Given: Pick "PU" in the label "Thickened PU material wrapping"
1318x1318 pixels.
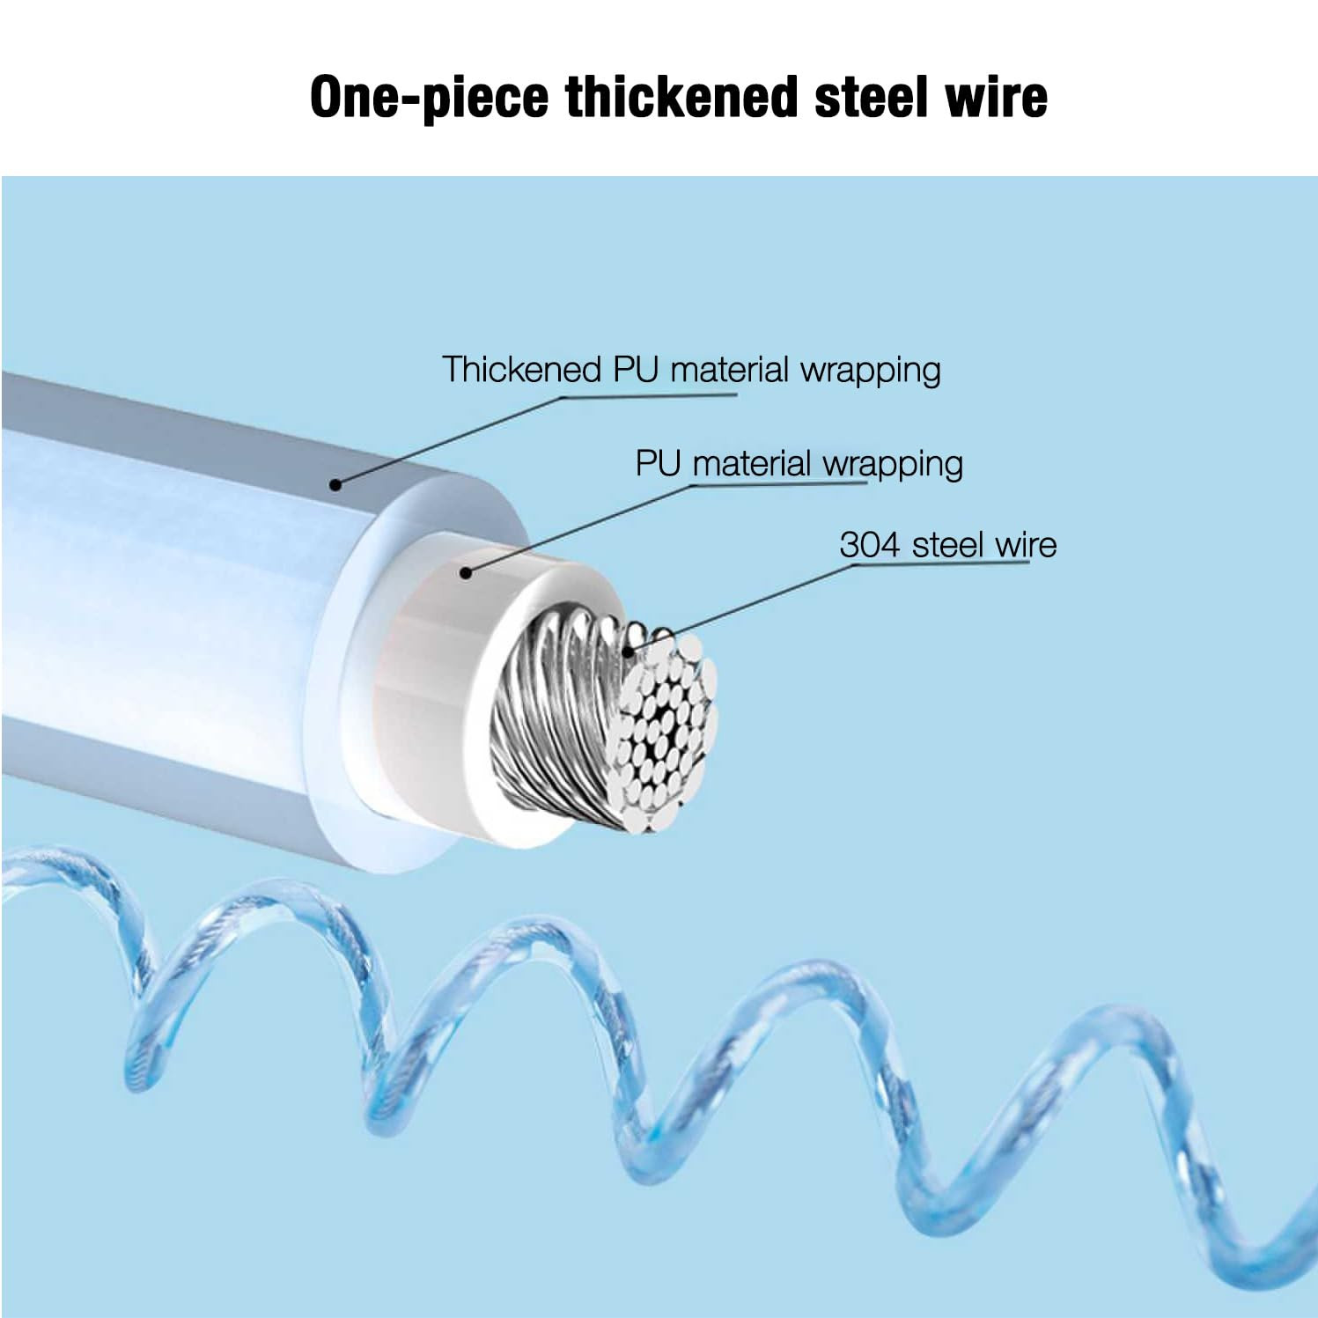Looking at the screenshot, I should coord(635,370).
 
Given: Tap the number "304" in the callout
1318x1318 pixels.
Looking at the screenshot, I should coord(869,545).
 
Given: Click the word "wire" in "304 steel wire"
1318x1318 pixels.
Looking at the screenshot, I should coord(1025,545).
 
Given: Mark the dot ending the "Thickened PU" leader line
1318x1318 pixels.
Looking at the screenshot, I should coord(335,483).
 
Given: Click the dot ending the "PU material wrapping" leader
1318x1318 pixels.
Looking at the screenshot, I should coord(466,573).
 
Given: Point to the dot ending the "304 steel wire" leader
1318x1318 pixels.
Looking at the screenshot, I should coord(628,652).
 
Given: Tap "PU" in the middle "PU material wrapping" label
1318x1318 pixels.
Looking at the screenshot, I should coord(659,464).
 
